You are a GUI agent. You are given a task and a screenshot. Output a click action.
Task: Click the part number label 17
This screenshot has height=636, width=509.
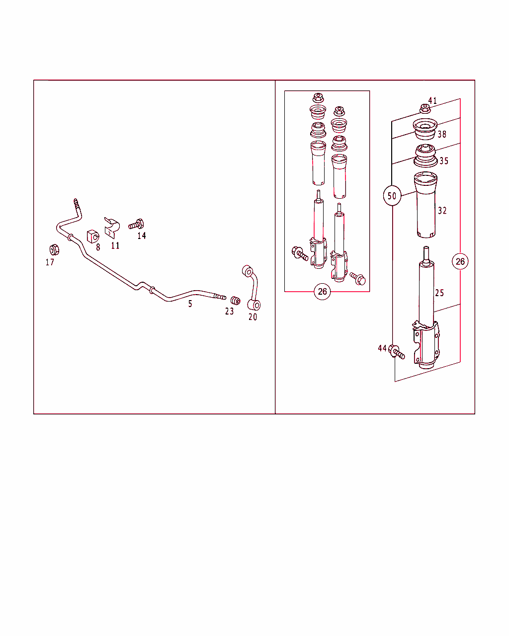50,262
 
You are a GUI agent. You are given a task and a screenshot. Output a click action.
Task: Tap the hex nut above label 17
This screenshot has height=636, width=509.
54,250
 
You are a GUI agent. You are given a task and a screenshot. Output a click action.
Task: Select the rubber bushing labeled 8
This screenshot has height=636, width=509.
93,237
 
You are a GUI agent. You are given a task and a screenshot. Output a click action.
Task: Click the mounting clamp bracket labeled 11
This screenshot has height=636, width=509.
112,228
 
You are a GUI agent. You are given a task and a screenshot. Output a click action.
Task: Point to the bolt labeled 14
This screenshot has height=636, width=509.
136,224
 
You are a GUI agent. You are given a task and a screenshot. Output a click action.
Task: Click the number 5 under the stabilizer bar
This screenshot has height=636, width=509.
190,304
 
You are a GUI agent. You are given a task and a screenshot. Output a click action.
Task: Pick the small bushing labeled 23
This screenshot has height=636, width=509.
236,301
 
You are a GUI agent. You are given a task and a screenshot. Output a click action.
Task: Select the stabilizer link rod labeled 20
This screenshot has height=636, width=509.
252,288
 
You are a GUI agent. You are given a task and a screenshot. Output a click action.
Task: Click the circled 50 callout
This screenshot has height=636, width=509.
392,196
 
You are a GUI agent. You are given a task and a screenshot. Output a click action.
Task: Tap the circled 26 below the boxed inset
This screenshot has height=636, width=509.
322,292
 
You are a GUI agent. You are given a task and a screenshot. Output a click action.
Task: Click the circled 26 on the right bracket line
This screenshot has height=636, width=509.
460,261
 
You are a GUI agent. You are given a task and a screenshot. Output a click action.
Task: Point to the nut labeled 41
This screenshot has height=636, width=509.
425,109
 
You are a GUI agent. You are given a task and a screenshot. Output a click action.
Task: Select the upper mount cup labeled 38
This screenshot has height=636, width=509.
425,129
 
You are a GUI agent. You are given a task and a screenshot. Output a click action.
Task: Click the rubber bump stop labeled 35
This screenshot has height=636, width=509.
425,156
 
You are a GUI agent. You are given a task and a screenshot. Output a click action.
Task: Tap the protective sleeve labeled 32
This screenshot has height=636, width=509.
425,205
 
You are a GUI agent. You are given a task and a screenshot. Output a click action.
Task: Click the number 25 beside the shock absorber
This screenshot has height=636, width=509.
439,293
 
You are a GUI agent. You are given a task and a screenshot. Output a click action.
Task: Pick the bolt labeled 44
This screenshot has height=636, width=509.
396,351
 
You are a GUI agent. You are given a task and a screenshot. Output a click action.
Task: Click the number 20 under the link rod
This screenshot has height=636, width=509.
253,317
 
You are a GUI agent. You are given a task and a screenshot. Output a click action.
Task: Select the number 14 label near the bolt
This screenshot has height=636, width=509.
142,236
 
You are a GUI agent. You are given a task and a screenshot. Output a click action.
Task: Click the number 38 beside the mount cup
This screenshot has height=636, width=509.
442,135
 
